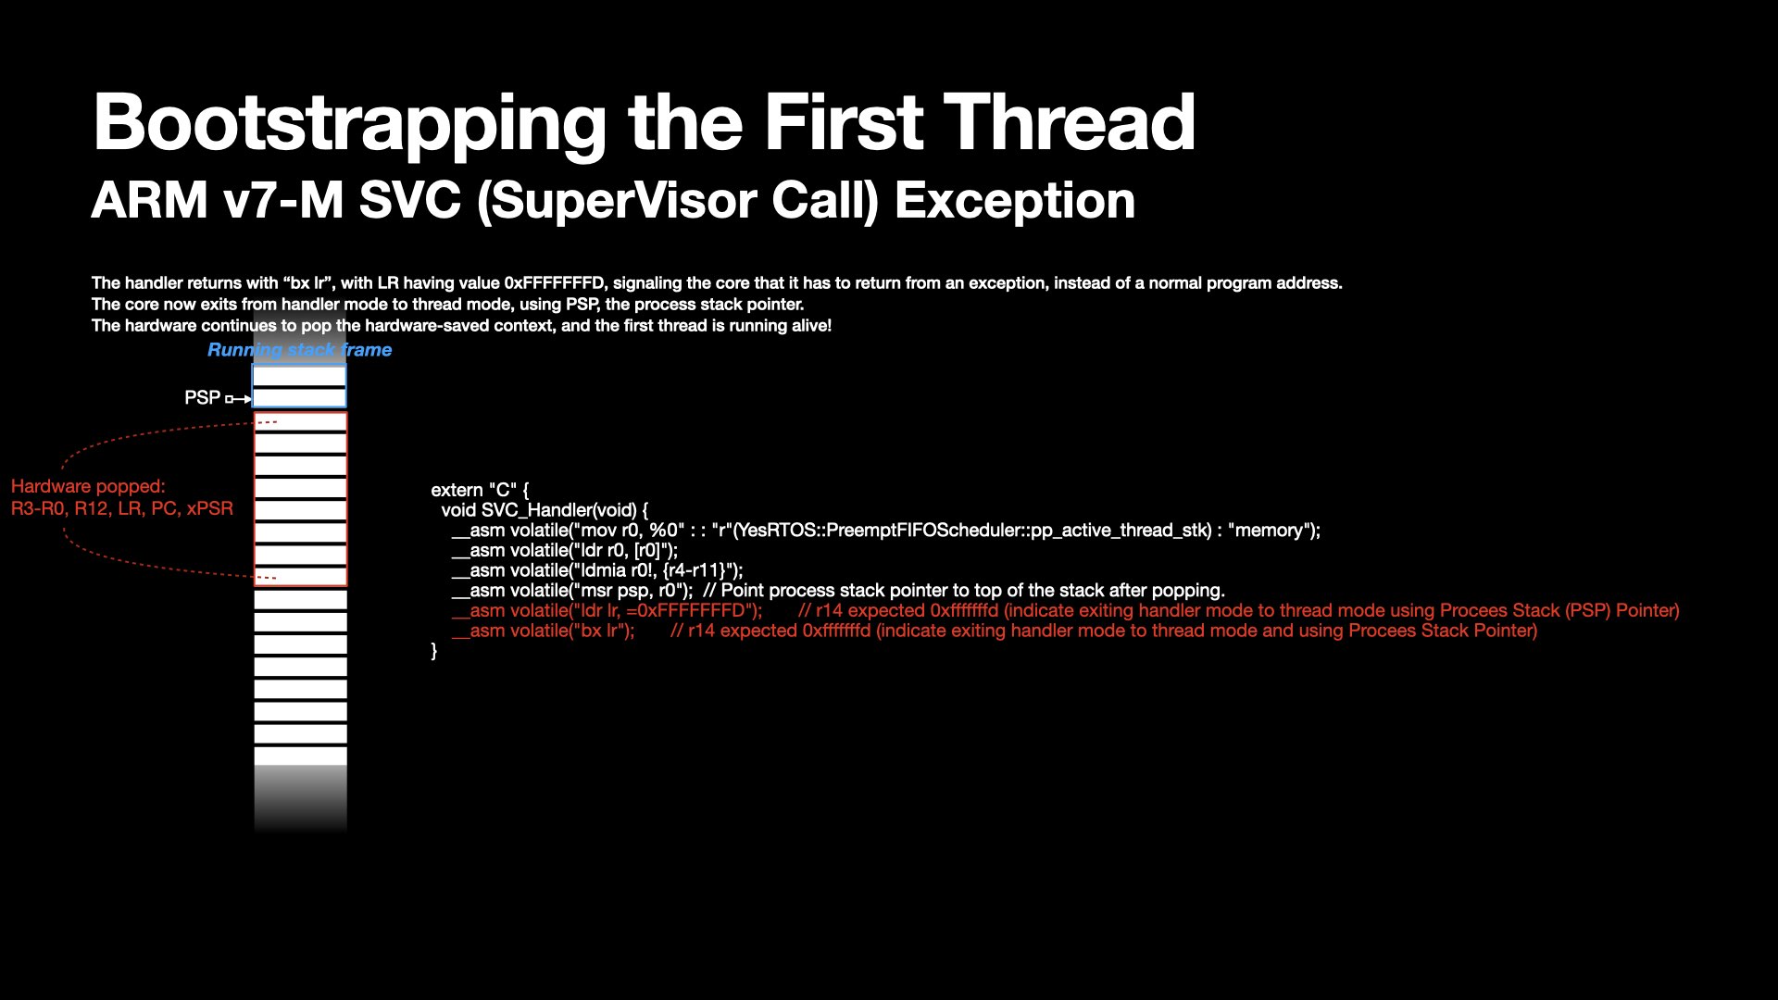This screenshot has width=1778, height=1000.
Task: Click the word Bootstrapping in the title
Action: pos(350,124)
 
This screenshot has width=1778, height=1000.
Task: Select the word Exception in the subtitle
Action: pos(1015,201)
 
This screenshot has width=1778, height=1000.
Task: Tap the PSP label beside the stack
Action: pos(202,398)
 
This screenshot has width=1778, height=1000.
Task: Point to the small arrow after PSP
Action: pos(238,399)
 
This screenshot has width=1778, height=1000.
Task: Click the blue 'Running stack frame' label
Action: pos(299,350)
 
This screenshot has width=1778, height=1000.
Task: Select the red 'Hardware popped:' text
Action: pos(88,487)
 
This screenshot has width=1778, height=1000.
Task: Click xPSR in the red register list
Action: pos(209,508)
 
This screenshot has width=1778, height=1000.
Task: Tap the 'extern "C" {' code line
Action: pos(480,491)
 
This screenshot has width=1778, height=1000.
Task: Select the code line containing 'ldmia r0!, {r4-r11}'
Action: pos(597,570)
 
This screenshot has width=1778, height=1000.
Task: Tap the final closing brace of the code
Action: pos(434,651)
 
